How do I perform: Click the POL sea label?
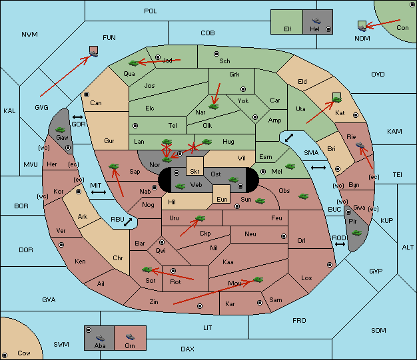(151, 11)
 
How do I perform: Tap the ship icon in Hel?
(316, 21)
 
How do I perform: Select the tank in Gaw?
(61, 130)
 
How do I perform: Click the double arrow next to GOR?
(77, 117)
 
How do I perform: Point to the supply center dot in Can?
(87, 94)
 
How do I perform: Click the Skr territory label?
(195, 172)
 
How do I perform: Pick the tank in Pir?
(356, 233)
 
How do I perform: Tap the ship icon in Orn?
(130, 337)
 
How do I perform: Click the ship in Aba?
(100, 337)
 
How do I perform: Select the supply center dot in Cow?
(4, 355)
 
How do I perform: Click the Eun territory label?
(222, 200)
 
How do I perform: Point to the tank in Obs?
(304, 196)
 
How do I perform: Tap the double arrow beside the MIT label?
(99, 192)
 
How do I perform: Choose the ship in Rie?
(360, 145)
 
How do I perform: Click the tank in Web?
(181, 186)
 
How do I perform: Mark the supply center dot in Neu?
(284, 236)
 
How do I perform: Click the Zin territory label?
(154, 302)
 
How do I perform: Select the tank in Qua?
(134, 63)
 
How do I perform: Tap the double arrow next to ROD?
(340, 244)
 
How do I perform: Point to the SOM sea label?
(378, 331)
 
